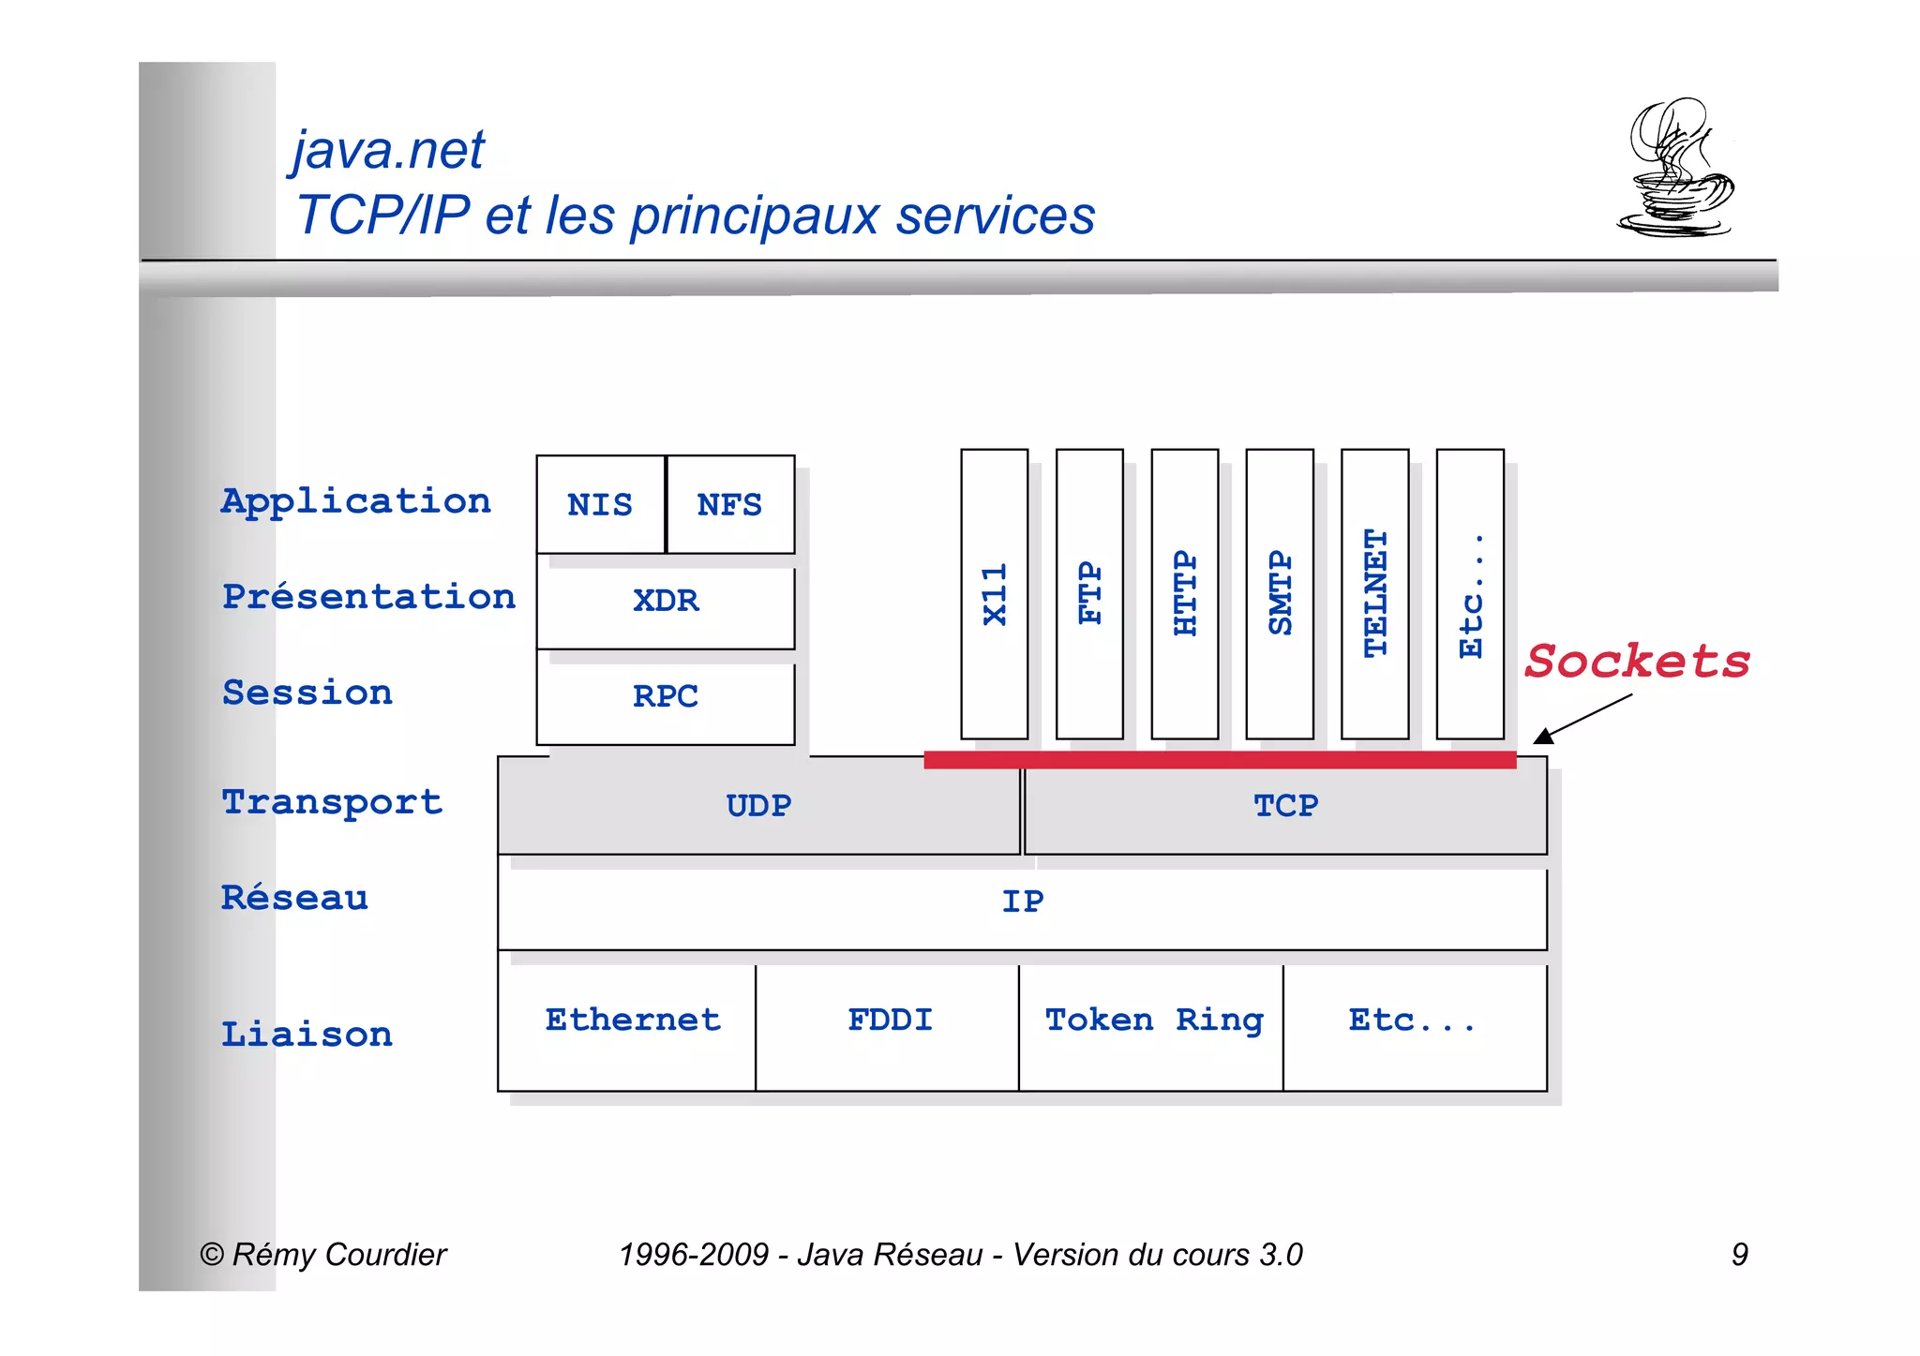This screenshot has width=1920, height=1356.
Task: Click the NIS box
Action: point(600,505)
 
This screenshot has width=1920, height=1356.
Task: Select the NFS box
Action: point(730,505)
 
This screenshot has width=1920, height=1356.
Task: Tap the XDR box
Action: point(666,601)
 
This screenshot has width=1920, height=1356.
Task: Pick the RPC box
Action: point(666,696)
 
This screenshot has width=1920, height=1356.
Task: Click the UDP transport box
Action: point(758,806)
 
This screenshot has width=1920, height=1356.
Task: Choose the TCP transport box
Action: point(1285,806)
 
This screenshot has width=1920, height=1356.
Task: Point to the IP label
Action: point(1022,902)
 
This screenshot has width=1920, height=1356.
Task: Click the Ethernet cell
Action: point(633,1021)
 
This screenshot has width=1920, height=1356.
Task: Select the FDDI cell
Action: point(889,1021)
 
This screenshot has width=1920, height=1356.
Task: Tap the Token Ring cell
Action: point(1153,1021)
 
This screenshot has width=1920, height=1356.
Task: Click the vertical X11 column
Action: point(995,594)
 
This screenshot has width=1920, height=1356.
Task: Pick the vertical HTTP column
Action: point(1185,594)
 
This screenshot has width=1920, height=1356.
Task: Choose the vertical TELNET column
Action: point(1375,594)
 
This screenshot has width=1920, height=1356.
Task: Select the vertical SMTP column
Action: point(1280,594)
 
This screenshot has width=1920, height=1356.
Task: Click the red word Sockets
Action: point(1637,662)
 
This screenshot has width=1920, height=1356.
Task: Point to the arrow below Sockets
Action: point(1583,719)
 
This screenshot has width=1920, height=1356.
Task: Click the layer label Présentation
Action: point(368,597)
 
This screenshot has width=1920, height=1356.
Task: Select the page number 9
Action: point(1739,1254)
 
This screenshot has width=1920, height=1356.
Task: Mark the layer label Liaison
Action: point(307,1035)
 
